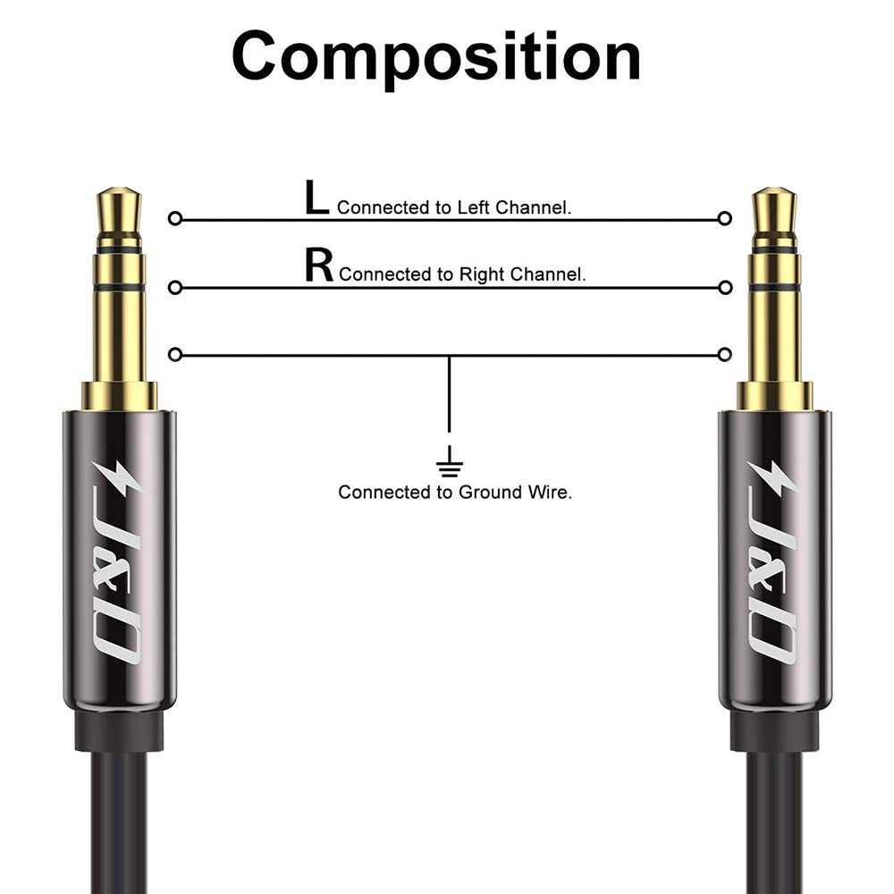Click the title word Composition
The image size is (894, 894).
[x=436, y=55]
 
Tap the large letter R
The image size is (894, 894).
[x=319, y=266]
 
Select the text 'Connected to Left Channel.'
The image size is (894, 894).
[x=454, y=207]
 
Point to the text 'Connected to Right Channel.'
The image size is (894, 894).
[x=462, y=274]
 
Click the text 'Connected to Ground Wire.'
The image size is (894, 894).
[x=454, y=492]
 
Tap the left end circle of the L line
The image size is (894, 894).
[x=175, y=218]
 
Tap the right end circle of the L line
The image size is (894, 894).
[x=725, y=218]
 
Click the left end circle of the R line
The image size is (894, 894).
[x=175, y=287]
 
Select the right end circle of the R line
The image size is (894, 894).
[x=725, y=287]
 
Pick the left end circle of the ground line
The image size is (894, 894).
[x=175, y=355]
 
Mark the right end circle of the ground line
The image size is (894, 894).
[x=725, y=355]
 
